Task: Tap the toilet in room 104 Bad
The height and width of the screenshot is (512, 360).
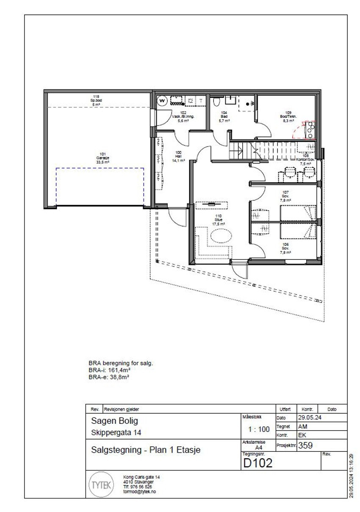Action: [x=216, y=102]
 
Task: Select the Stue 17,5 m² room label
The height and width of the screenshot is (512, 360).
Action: [x=219, y=220]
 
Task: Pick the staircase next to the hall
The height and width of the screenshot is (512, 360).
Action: [x=245, y=150]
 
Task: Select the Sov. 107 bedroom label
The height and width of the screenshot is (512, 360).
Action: [x=285, y=197]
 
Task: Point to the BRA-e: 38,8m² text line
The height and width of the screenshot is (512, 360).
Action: [x=109, y=375]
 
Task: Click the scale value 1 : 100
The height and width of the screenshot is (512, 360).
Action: [x=258, y=429]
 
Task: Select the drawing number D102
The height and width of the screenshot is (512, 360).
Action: [x=258, y=464]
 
